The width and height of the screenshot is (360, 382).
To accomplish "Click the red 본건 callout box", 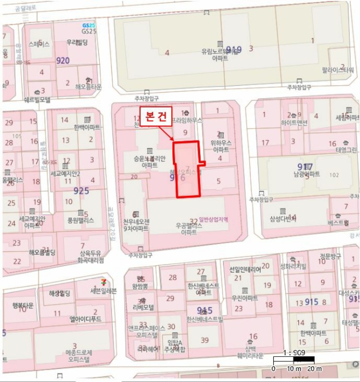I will click(x=156, y=116).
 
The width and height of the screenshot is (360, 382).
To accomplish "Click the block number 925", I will click(x=81, y=191).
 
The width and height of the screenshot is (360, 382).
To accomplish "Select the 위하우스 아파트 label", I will click(x=220, y=146).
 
